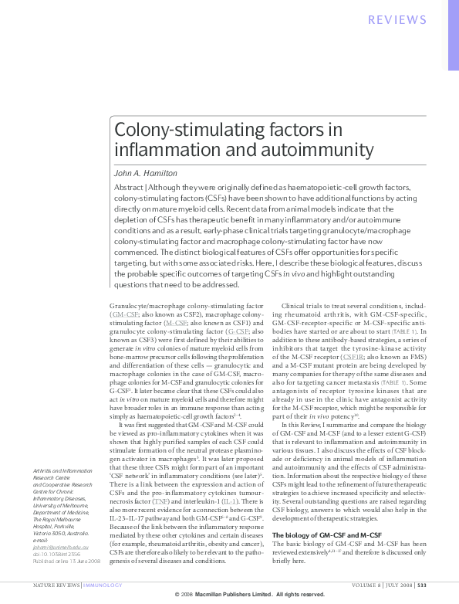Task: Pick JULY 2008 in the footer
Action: [x=395, y=584]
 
